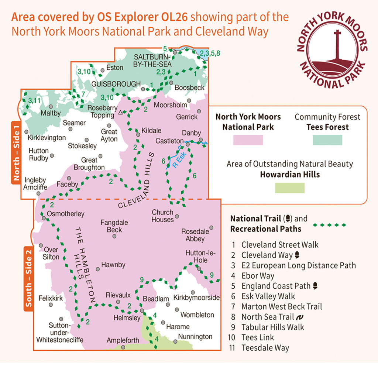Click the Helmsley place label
tap(127, 318)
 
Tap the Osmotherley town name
tap(66, 214)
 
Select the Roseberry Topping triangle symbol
tap(120, 112)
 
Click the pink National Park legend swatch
tap(248, 140)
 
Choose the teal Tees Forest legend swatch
tap(327, 140)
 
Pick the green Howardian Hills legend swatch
tap(289, 188)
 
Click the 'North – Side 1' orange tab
tap(17, 152)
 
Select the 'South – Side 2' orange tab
tap(29, 279)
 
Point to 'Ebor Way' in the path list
tap(258, 275)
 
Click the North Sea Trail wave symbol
tap(300, 317)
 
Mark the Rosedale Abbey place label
tap(195, 235)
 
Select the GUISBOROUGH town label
tap(116, 84)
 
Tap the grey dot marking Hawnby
tap(97, 269)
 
